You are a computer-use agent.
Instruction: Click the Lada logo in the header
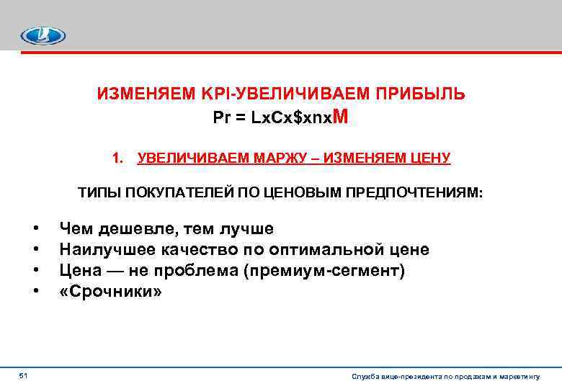tap(43, 35)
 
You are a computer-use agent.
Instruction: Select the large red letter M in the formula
tap(342, 116)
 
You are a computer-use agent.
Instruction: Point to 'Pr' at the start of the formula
tap(221, 118)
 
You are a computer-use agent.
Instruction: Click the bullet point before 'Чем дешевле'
tap(35, 230)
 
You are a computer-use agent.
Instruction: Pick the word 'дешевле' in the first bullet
tap(135, 229)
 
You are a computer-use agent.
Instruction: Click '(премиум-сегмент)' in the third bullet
tap(326, 271)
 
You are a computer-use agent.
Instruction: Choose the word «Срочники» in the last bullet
tap(111, 292)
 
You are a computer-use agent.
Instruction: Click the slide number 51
tap(23, 376)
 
